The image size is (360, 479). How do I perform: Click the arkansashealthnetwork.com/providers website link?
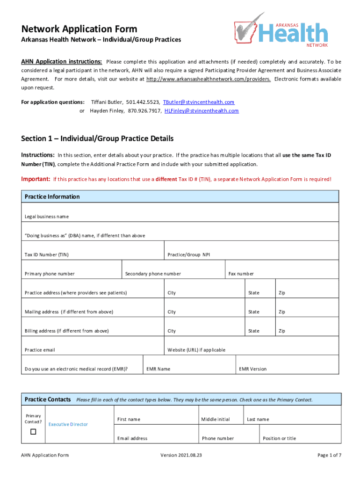click(x=208, y=79)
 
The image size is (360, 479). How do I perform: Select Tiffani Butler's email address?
click(x=198, y=102)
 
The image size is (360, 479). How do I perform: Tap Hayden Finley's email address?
click(x=202, y=111)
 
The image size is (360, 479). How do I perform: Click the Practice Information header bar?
click(x=180, y=196)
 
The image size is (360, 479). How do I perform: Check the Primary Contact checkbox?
click(x=33, y=432)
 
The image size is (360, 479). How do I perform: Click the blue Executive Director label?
click(x=68, y=424)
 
